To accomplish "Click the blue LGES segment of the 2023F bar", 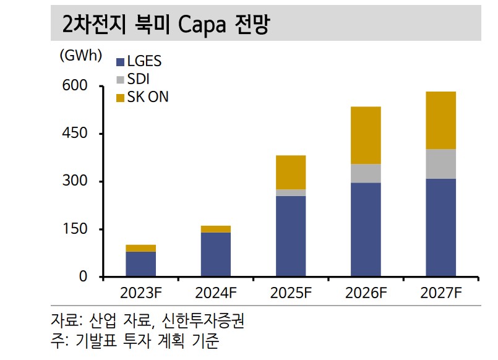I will (140, 264).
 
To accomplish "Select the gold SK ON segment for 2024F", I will (215, 229).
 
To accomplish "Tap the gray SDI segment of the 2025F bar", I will (291, 193).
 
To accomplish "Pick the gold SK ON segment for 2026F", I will (366, 135).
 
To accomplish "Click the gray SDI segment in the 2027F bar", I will (440, 164).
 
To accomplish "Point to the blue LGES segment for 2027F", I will (440, 228).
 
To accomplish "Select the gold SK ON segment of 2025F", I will (291, 172).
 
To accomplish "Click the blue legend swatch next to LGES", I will (121, 61).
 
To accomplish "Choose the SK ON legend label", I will (148, 97).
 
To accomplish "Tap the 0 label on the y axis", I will (83, 277).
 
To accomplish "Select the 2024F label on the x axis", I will (215, 293).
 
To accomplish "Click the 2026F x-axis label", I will (366, 293).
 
